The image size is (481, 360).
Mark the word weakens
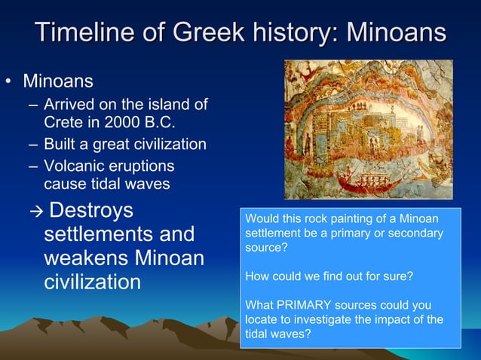pos(83,258)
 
